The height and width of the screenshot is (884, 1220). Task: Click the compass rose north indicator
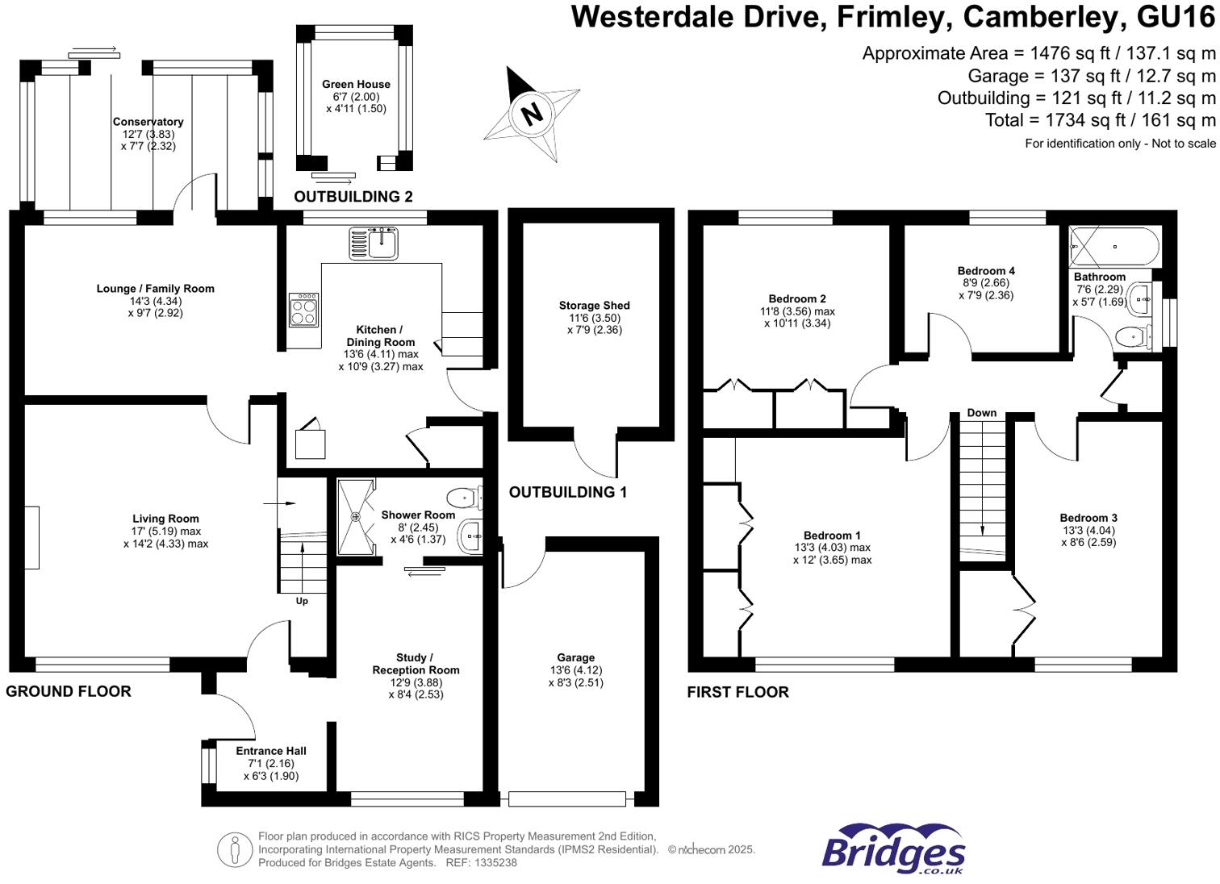(531, 113)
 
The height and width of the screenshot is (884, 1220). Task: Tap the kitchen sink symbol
(373, 244)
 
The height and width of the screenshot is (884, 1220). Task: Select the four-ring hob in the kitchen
(304, 310)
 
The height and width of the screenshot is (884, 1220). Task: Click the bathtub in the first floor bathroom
(1114, 247)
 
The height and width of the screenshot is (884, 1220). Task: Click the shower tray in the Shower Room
(356, 517)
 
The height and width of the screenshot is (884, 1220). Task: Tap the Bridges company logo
(893, 849)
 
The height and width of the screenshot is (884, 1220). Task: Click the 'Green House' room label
(356, 84)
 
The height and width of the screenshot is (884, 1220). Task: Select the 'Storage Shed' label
(594, 306)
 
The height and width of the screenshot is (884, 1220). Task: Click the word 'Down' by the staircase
(982, 413)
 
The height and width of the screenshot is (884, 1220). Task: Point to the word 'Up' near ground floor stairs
(302, 601)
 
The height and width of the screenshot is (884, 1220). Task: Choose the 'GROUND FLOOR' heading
(69, 691)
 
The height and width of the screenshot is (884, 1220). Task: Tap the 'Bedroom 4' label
(986, 271)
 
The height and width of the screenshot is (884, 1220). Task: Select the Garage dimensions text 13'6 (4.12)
(575, 670)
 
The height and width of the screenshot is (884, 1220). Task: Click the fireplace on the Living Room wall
(31, 537)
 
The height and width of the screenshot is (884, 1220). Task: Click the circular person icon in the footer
(235, 850)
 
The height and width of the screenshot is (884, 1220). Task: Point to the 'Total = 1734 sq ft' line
(1100, 120)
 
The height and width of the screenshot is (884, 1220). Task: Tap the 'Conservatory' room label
(148, 122)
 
